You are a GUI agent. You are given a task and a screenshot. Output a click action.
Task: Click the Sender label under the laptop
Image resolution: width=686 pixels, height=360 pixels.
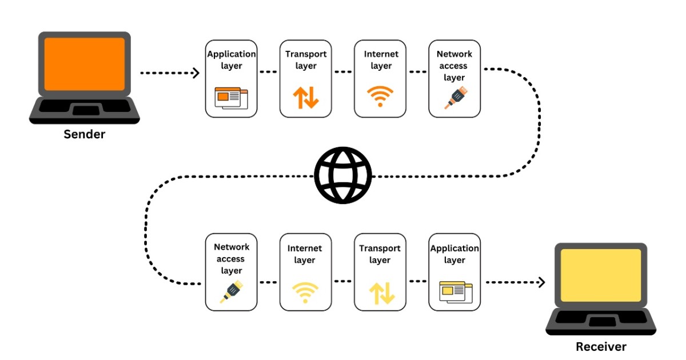[x=85, y=135]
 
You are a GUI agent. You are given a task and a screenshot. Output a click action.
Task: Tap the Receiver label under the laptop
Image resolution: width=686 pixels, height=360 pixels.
[x=601, y=346]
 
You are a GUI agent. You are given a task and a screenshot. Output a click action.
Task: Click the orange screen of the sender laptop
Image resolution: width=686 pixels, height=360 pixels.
[x=85, y=64]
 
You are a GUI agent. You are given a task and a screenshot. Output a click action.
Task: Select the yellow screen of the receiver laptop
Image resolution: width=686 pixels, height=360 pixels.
[x=601, y=275]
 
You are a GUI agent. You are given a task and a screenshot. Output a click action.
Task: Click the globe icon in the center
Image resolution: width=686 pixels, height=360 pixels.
[x=343, y=175]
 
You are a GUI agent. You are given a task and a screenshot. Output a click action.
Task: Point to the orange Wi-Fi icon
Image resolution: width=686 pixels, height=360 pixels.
[x=380, y=97]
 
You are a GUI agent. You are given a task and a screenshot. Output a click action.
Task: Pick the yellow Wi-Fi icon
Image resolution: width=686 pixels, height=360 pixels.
[x=305, y=292]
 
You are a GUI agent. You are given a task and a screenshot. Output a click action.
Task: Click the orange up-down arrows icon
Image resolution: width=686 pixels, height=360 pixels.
[x=306, y=98]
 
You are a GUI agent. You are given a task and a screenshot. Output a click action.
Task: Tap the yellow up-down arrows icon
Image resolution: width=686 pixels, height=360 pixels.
[x=381, y=293]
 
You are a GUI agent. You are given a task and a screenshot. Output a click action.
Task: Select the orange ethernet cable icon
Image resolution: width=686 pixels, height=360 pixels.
[x=454, y=98]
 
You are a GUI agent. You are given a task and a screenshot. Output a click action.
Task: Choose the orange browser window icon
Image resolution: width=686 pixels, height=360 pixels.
[x=231, y=98]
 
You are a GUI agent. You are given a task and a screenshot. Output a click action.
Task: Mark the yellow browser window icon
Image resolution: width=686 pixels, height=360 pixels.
[x=455, y=291]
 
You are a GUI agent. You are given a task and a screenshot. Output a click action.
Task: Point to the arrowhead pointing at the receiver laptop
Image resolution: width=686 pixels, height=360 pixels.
[x=541, y=282]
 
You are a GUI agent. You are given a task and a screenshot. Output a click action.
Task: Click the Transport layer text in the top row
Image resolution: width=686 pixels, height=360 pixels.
[x=306, y=60]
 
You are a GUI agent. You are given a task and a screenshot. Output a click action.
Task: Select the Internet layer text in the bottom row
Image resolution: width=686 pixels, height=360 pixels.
[x=305, y=254]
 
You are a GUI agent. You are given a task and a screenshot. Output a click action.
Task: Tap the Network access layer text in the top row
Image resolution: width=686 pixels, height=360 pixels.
[x=454, y=66]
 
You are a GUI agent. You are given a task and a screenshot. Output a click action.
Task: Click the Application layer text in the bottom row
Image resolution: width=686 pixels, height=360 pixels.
[x=454, y=254]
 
